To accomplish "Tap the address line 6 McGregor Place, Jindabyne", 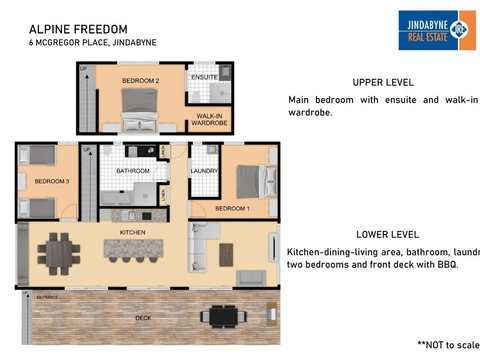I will pos(92,43).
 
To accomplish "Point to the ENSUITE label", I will pos(204,77).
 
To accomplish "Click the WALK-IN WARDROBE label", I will pos(208,120).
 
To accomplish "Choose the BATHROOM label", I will pos(131,170).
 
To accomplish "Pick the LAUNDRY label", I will pos(204,170).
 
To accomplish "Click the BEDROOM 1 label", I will pos(232,207).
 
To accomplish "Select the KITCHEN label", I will pos(133,231).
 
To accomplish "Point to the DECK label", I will pos(144,317).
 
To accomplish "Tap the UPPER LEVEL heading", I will pos(383,82).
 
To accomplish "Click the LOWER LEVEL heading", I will pos(383,231).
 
